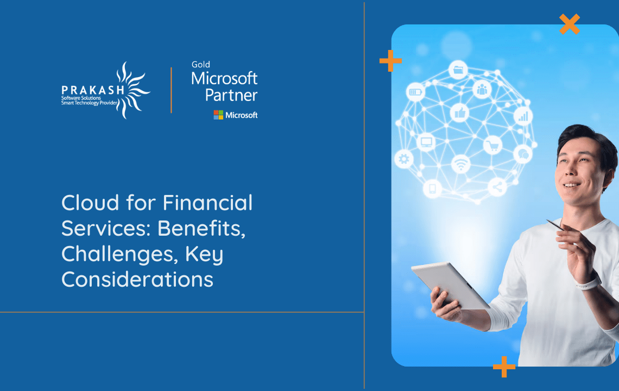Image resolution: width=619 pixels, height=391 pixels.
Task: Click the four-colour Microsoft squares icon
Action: [x=218, y=115]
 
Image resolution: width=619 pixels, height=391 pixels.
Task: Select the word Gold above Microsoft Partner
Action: [x=200, y=65]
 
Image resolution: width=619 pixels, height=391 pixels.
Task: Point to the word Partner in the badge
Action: [x=231, y=95]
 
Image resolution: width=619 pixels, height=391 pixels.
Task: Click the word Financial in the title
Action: [x=208, y=203]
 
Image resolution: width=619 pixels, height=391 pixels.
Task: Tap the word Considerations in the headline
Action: [x=137, y=280]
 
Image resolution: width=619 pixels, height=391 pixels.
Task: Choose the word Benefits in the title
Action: [x=201, y=229]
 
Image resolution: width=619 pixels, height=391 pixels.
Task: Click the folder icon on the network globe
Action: [x=459, y=70]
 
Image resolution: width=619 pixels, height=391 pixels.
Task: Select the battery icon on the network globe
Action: [x=416, y=92]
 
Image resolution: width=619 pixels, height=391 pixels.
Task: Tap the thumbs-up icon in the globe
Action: [x=459, y=112]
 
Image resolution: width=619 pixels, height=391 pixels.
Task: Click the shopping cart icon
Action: [x=492, y=145]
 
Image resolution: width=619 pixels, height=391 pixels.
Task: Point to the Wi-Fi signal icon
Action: [x=460, y=163]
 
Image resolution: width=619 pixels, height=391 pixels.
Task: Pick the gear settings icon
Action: [x=403, y=159]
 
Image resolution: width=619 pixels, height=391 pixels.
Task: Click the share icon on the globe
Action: [x=497, y=187]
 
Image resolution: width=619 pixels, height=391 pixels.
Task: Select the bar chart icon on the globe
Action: [x=523, y=115]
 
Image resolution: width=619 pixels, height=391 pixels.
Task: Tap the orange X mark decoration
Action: [x=569, y=24]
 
